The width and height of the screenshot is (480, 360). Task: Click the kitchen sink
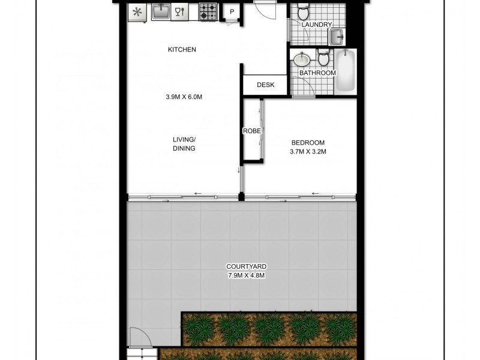(160, 11)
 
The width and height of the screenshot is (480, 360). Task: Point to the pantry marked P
(232, 12)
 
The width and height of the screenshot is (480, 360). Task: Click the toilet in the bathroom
(323, 59)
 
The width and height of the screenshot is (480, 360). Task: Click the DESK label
(265, 85)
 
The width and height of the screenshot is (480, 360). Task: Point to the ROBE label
(251, 131)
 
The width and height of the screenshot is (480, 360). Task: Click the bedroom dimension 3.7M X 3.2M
(308, 151)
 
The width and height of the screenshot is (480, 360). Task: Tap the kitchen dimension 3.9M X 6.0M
(184, 97)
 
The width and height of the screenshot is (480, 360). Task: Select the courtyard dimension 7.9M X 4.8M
(247, 275)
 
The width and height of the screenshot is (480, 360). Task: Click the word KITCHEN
(182, 50)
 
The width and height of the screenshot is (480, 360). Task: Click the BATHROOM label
(317, 73)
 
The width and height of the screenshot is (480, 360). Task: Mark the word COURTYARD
(247, 266)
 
